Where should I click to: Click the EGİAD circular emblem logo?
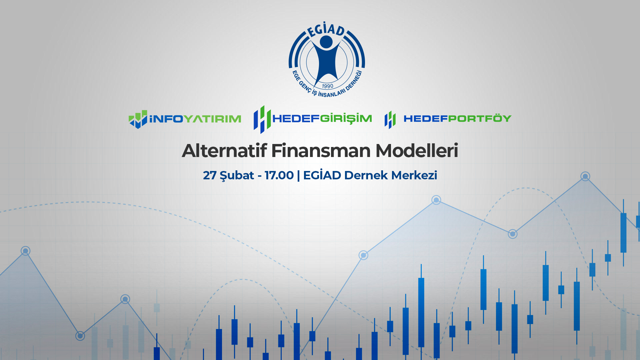point(327,60)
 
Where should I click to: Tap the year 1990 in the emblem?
point(327,86)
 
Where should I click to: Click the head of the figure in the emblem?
point(326,41)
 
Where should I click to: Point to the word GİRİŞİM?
point(346,119)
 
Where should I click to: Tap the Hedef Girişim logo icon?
point(262,119)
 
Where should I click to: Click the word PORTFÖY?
point(480,118)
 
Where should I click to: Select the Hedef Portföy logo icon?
point(390,120)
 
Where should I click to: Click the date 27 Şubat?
point(229,175)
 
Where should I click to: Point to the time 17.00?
point(279,175)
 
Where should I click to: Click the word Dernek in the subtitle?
point(366,175)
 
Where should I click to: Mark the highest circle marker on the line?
point(585,176)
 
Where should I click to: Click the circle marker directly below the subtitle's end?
point(436,200)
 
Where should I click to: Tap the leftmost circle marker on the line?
point(26,251)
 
